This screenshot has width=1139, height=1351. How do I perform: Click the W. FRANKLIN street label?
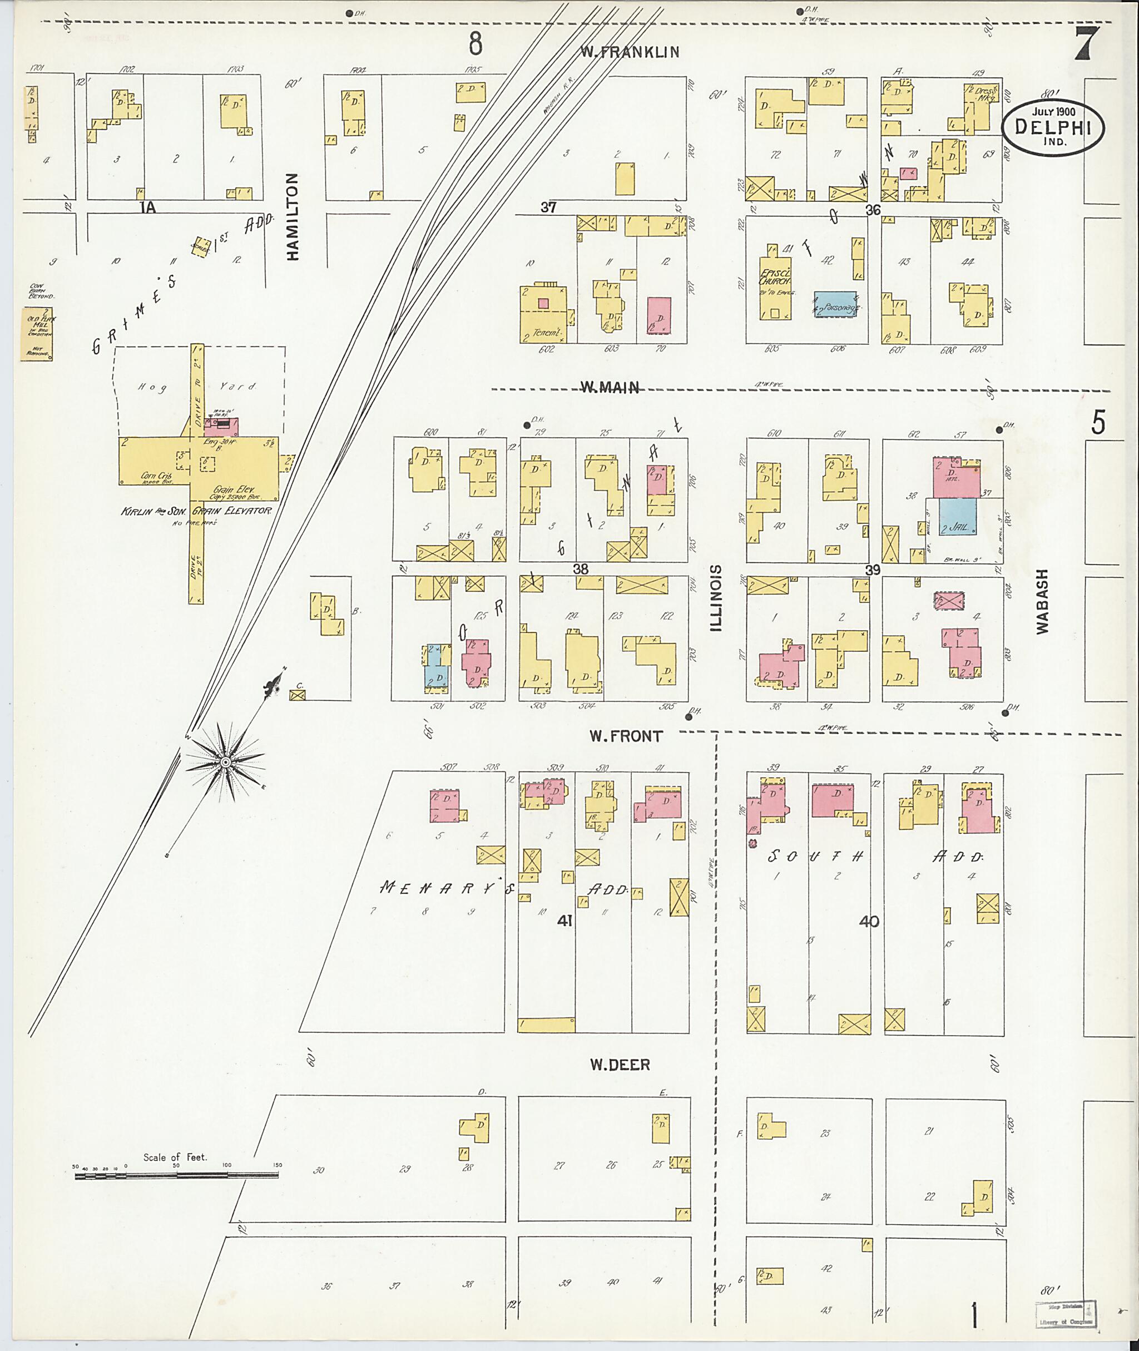tap(630, 52)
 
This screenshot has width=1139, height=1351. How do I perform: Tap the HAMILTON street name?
tap(293, 216)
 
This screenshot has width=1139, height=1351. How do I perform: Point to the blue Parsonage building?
tap(837, 305)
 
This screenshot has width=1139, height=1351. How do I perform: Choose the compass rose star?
tap(225, 763)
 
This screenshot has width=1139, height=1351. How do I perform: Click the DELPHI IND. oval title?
tap(1052, 127)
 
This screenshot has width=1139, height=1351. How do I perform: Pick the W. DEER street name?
tap(619, 1065)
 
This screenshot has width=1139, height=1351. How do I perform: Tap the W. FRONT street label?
tap(625, 736)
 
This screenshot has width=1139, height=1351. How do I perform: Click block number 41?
tap(565, 921)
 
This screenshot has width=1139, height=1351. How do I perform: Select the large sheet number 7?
tap(1092, 44)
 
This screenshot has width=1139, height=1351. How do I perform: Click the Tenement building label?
tap(546, 332)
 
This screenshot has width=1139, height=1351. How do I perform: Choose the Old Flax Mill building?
tap(37, 333)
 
